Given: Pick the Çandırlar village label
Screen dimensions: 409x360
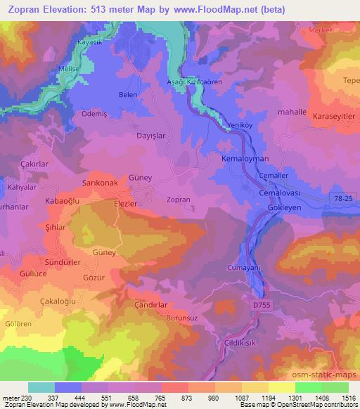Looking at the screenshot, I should click(150, 305).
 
